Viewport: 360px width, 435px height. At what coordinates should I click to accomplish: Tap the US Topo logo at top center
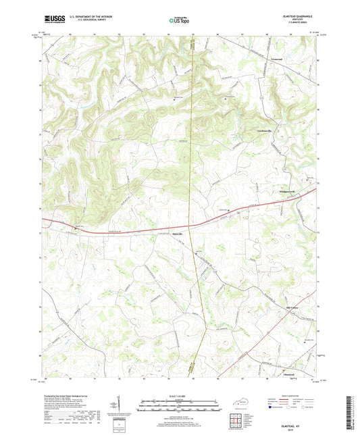[179, 20]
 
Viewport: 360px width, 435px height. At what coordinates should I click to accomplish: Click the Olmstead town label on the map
[288, 372]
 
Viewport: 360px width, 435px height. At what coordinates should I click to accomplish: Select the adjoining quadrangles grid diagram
[236, 420]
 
